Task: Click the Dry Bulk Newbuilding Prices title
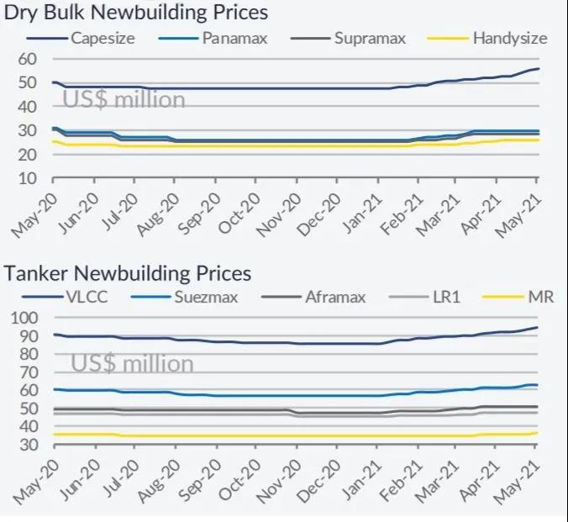coord(136,13)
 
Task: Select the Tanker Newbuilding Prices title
coord(128,273)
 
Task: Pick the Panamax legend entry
coord(238,38)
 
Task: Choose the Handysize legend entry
coord(509,38)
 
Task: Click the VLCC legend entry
coord(86,296)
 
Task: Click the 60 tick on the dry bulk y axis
coord(29,59)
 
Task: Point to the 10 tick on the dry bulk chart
coord(29,179)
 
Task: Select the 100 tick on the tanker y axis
coord(24,318)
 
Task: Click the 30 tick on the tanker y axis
coord(29,445)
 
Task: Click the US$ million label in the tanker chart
coord(132,363)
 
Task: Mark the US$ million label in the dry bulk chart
coord(124,99)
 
